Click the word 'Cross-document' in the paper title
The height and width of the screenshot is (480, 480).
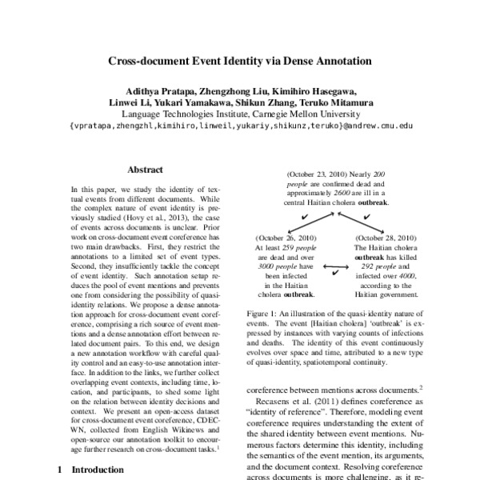pos(147,61)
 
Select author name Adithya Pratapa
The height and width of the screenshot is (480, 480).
pos(159,90)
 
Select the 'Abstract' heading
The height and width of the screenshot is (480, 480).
pos(145,170)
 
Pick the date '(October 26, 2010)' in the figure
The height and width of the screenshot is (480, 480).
pos(286,238)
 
